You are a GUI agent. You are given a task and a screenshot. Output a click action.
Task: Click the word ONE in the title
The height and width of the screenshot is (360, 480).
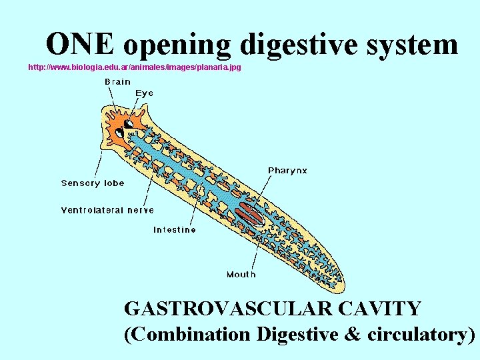(81, 44)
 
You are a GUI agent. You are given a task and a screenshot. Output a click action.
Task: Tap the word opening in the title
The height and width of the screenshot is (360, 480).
(177, 45)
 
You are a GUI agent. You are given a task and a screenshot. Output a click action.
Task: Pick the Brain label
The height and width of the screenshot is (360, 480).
(117, 82)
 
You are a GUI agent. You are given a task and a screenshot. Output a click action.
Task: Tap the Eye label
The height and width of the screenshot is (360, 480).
(145, 93)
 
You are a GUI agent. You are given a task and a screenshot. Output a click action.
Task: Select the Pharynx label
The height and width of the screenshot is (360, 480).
(287, 171)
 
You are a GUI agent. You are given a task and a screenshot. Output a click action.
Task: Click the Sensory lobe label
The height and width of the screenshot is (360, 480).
(93, 183)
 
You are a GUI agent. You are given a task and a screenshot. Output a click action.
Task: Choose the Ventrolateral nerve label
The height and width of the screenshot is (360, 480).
(107, 210)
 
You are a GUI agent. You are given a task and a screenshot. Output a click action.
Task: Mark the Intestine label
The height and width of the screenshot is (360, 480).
(175, 230)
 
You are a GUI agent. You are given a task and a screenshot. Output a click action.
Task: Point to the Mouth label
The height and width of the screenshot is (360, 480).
(241, 274)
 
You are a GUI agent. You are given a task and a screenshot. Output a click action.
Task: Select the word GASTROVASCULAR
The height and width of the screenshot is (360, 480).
(227, 309)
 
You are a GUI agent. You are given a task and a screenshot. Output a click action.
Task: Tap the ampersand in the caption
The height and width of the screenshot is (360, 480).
(352, 333)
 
